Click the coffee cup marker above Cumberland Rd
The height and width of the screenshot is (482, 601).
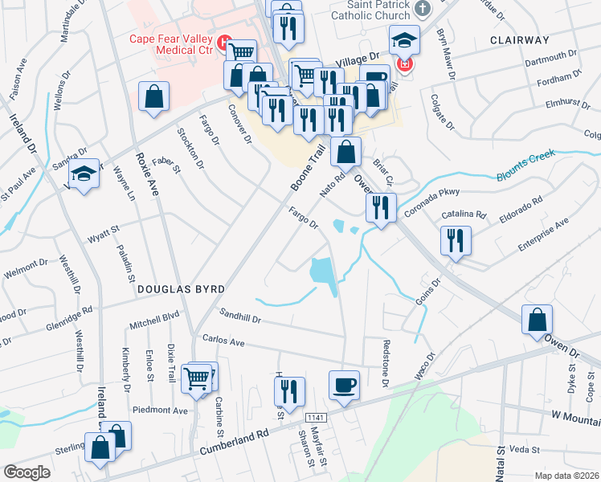[x=344, y=385]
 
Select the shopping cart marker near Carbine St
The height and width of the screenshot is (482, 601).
[x=197, y=378]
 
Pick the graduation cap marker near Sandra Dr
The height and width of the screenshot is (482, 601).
[x=83, y=174]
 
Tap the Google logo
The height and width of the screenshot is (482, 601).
[x=27, y=472]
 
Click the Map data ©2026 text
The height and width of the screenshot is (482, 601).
[x=567, y=476]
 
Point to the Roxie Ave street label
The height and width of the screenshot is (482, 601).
[x=148, y=174]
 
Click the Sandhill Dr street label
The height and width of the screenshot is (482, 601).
[x=240, y=319]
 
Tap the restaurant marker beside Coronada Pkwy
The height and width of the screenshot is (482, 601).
[x=381, y=206]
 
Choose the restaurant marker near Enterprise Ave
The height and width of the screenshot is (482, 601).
[x=455, y=239]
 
